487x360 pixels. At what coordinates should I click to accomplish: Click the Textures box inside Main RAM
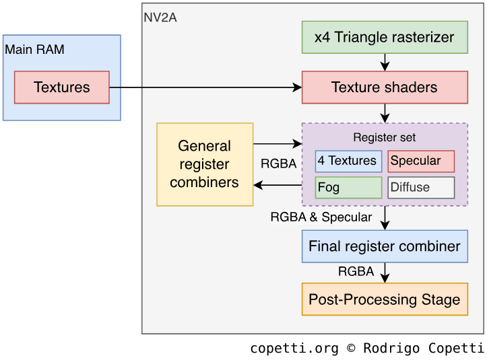click(x=61, y=87)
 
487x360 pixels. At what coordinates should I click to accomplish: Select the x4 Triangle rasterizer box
click(x=384, y=38)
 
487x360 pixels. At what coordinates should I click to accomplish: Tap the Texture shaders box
click(x=384, y=87)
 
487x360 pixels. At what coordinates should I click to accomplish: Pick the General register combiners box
click(x=205, y=164)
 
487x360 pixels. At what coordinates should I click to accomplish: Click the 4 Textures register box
click(x=348, y=161)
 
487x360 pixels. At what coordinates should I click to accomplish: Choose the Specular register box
click(x=421, y=161)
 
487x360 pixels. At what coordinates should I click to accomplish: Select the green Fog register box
click(x=348, y=187)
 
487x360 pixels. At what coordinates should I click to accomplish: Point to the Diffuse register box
click(x=421, y=187)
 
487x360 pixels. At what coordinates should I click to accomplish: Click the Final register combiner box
click(x=384, y=246)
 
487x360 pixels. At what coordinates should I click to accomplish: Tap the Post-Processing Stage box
click(x=384, y=299)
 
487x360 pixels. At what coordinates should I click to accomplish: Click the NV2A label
click(x=160, y=17)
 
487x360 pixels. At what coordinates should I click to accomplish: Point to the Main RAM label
click(x=34, y=50)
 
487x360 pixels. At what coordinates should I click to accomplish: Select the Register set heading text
click(x=384, y=138)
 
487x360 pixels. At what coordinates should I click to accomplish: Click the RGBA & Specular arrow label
click(x=321, y=217)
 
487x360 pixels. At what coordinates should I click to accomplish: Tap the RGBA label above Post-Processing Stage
click(x=356, y=272)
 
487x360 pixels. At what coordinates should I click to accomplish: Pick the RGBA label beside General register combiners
click(x=278, y=164)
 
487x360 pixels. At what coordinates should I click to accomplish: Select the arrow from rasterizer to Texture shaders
click(x=385, y=63)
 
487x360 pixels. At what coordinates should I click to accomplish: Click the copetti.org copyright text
click(x=367, y=349)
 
